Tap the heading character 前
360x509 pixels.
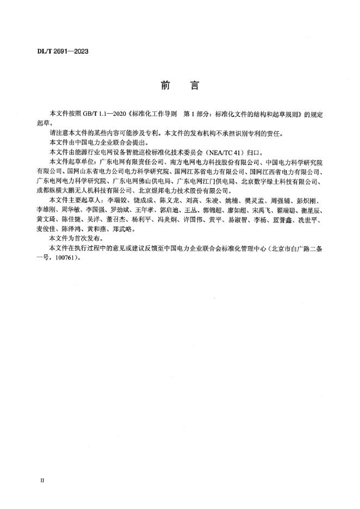coord(165,86)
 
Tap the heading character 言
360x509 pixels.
coord(194,86)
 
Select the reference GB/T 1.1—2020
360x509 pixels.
coord(103,115)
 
